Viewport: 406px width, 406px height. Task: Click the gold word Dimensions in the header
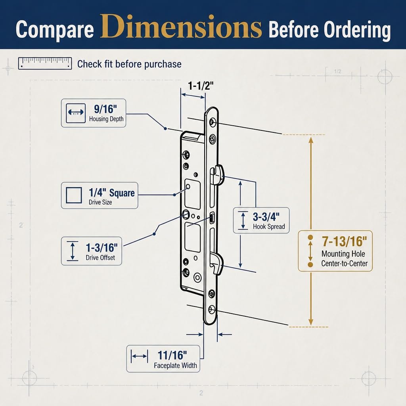point(181,27)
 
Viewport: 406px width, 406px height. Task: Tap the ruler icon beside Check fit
point(45,63)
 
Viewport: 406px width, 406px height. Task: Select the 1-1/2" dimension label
point(201,86)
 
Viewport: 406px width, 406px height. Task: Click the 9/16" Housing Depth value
point(105,109)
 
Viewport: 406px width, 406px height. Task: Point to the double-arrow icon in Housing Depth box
point(76,113)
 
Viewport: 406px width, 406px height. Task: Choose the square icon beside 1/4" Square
point(74,195)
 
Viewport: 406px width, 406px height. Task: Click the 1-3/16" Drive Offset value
point(102,247)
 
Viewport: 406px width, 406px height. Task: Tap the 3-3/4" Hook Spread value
point(266,217)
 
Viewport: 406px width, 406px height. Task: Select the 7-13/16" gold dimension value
point(345,241)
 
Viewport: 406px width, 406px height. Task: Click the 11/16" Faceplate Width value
point(172,355)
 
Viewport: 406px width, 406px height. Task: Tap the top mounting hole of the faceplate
point(213,122)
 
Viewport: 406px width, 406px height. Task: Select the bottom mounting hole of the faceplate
point(212,310)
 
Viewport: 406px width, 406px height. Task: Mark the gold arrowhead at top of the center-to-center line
point(311,140)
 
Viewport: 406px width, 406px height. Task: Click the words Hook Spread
point(269,226)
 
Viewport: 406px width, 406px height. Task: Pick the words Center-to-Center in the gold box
point(345,263)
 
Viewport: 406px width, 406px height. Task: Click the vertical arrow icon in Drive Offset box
point(73,251)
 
